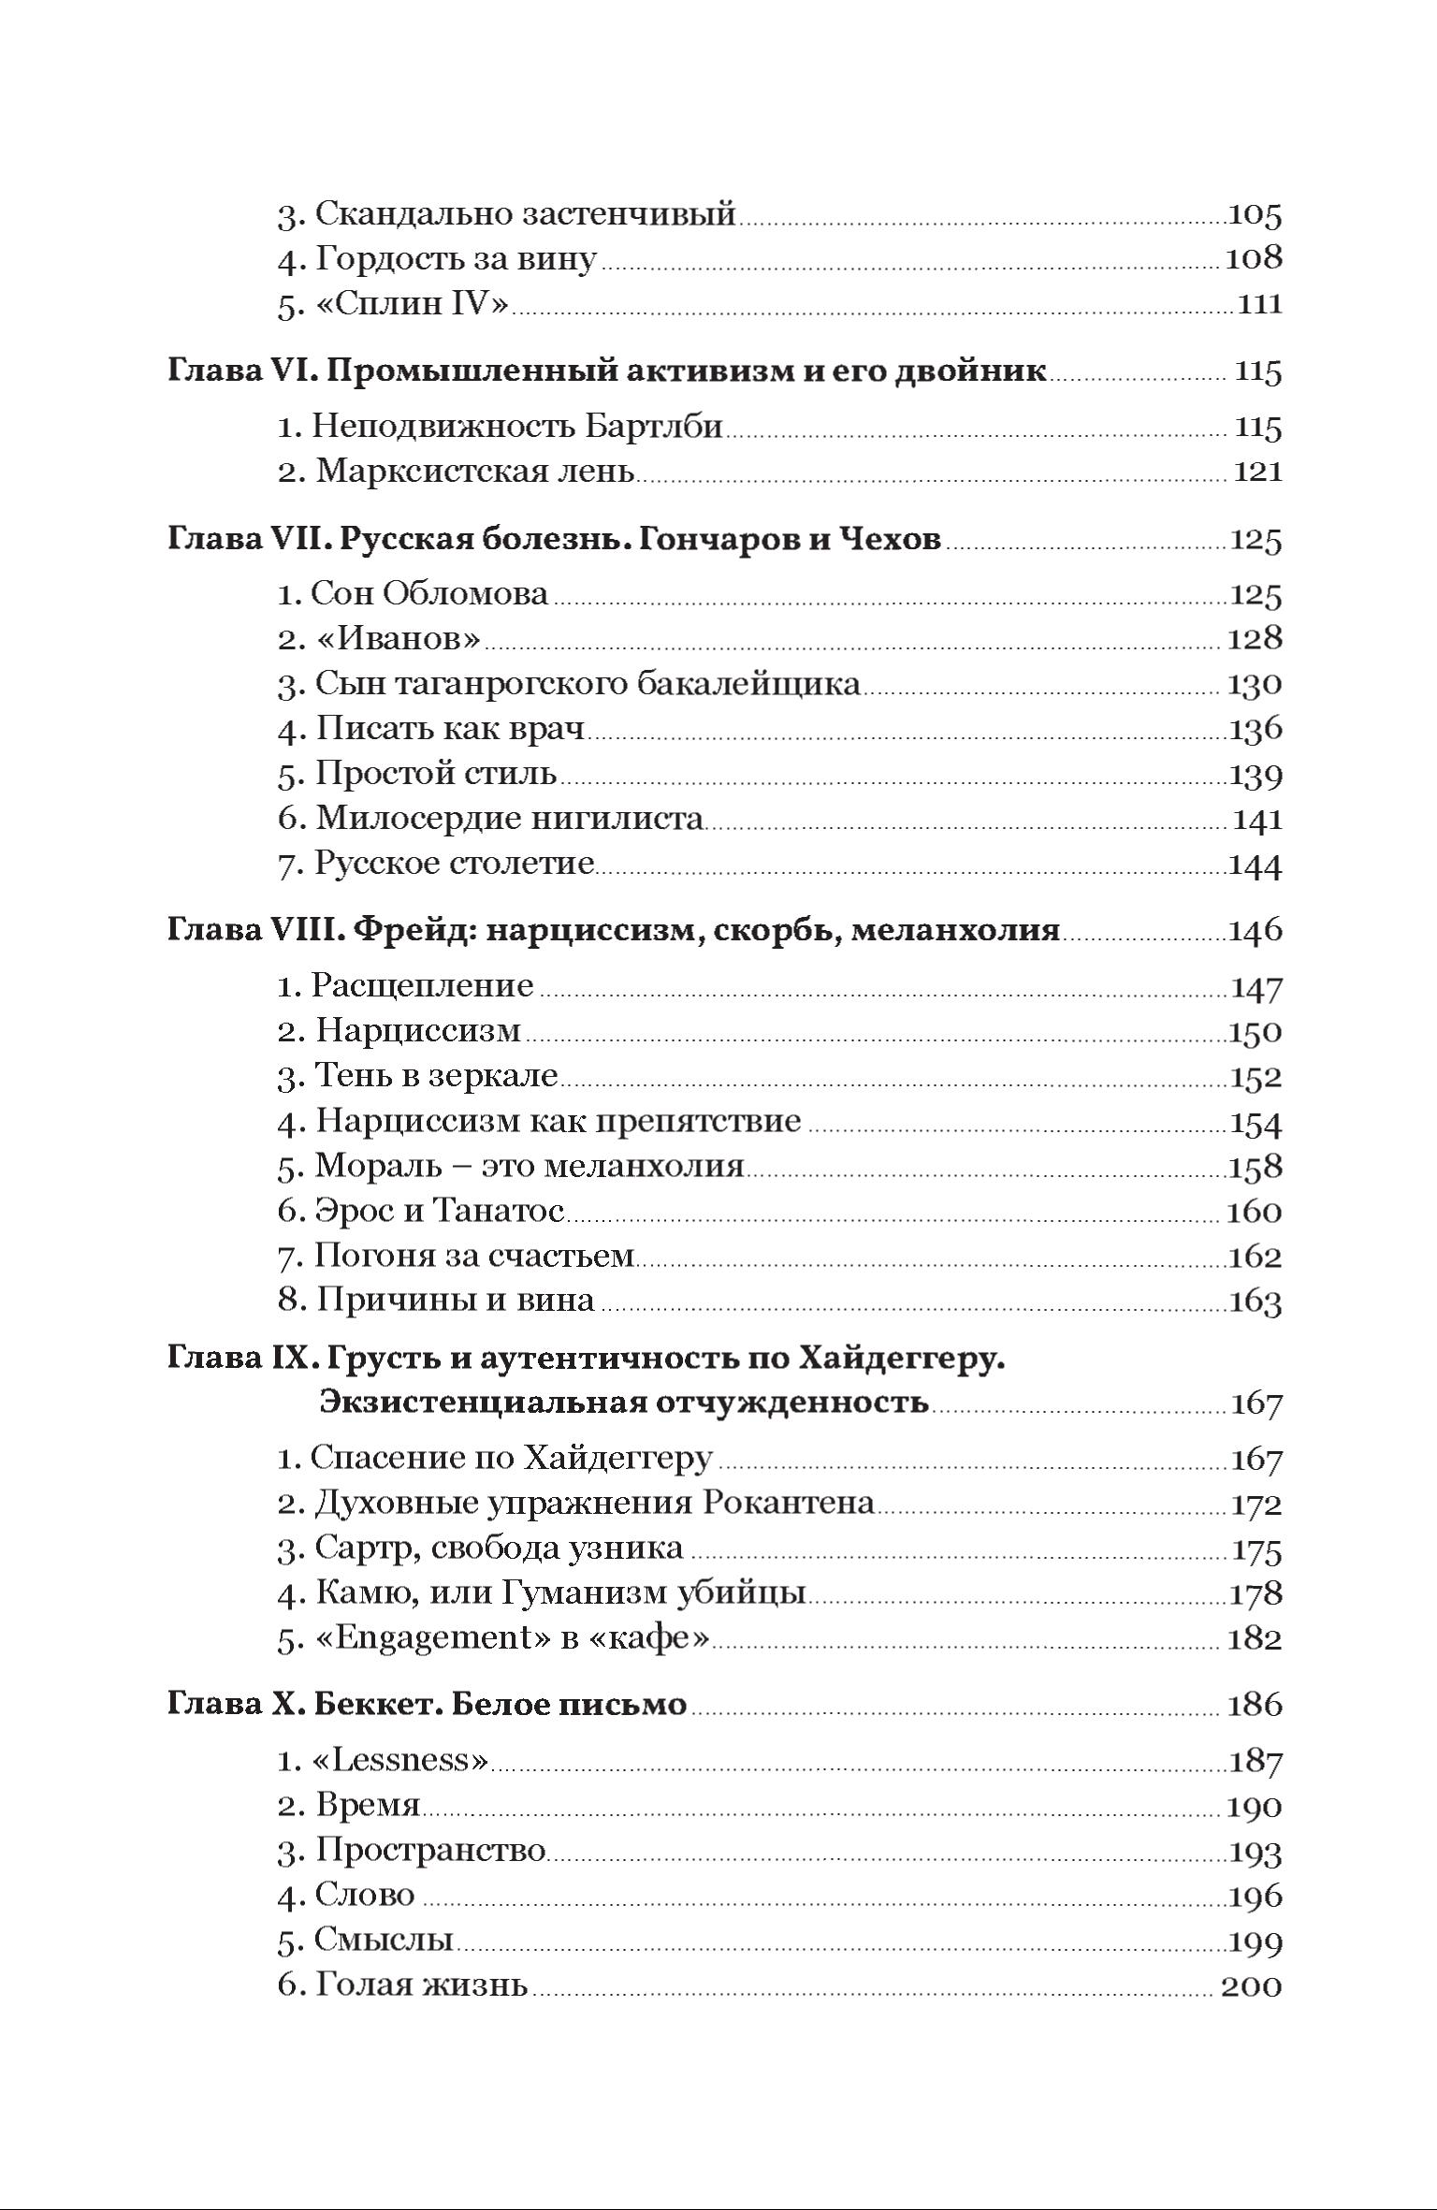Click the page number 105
click(x=1254, y=214)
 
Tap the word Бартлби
click(x=654, y=427)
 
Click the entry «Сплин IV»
click(x=413, y=304)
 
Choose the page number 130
click(x=1254, y=684)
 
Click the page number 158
click(x=1254, y=1167)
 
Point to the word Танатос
click(x=498, y=1212)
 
